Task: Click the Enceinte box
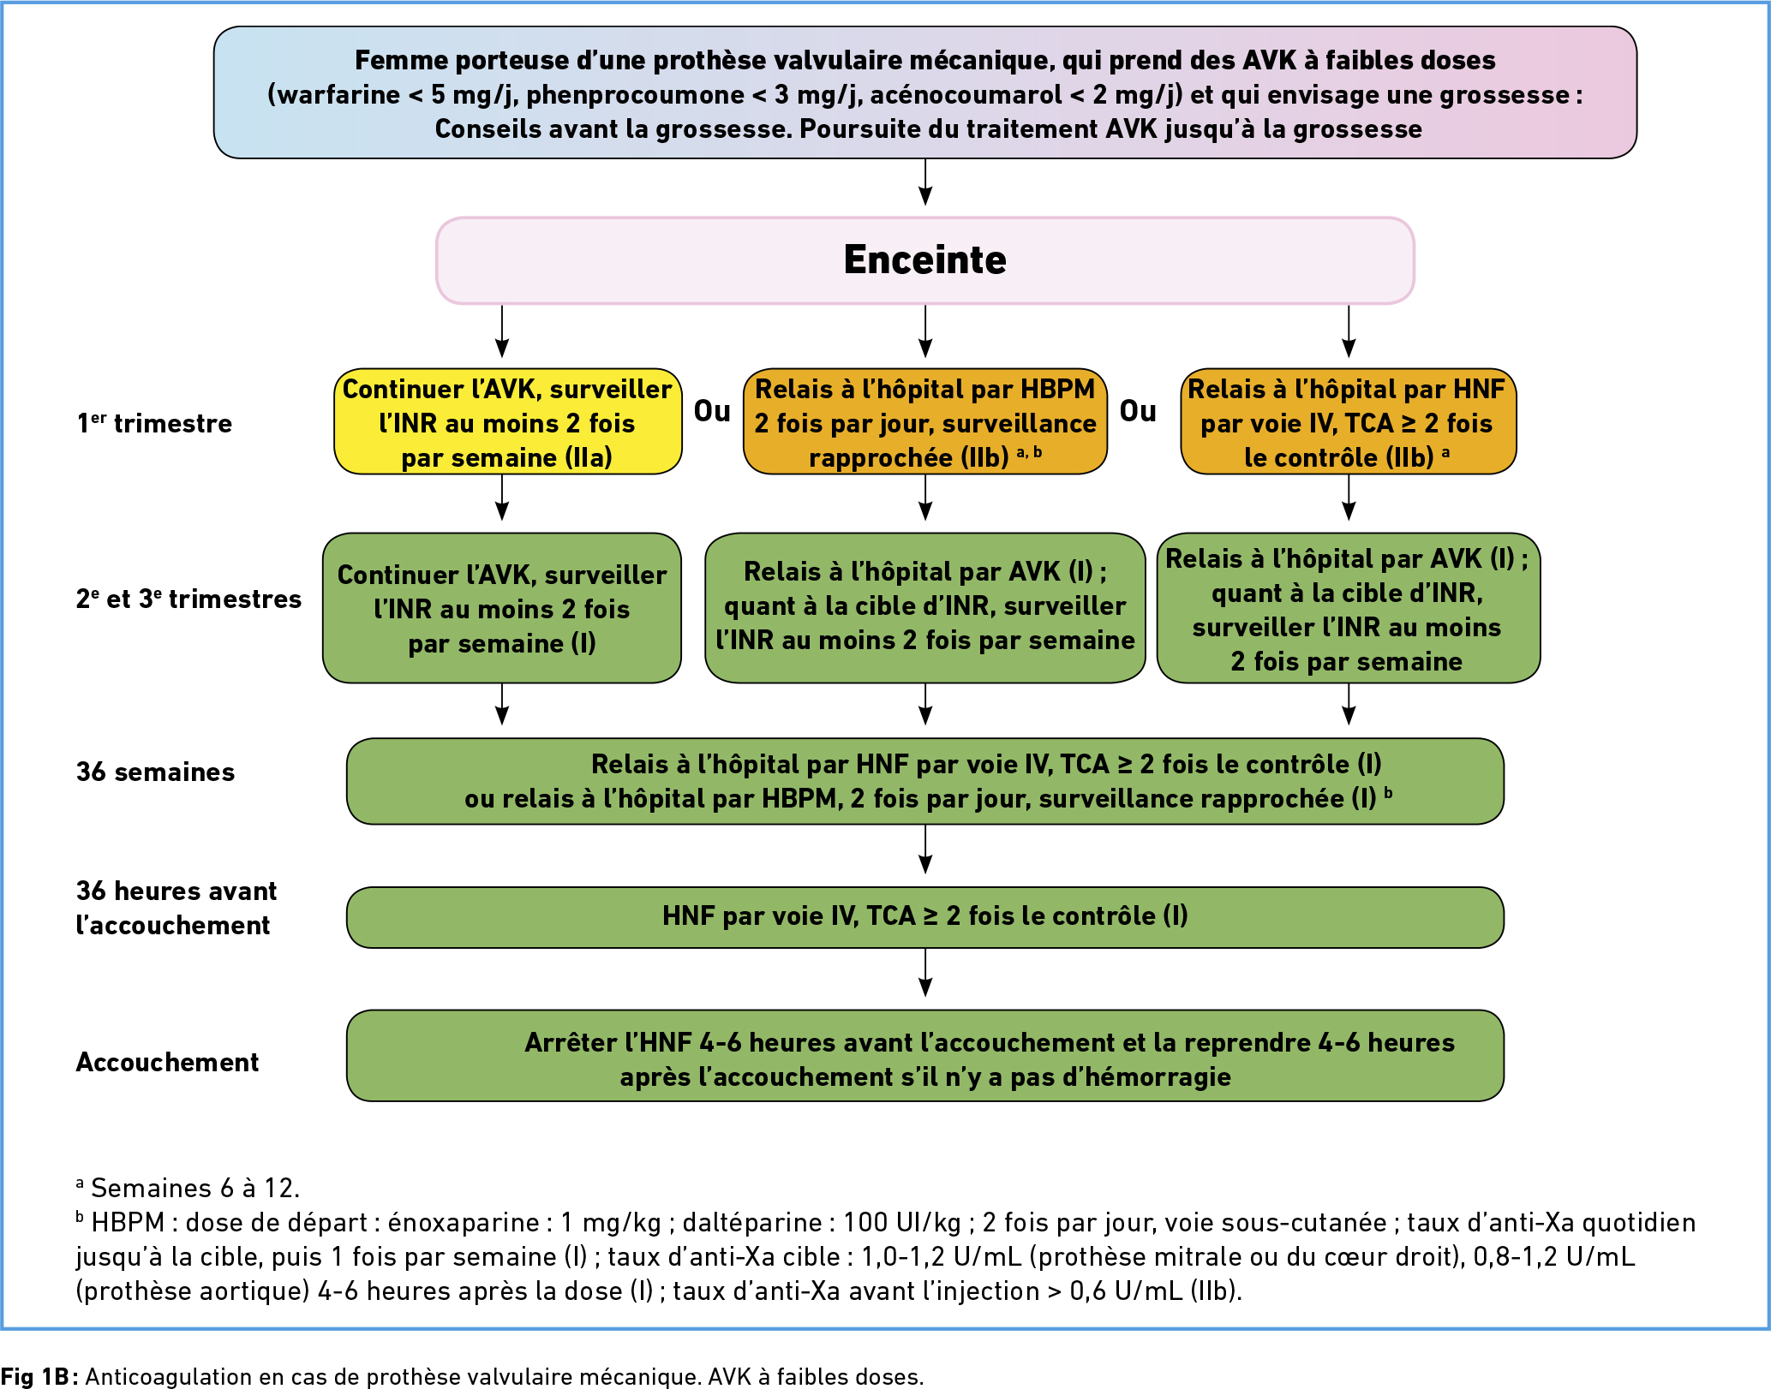(924, 260)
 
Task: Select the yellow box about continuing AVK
(508, 422)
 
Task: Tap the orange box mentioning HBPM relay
(925, 422)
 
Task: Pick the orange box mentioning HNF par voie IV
(1349, 422)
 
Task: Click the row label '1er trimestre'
(154, 423)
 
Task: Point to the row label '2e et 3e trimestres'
(188, 599)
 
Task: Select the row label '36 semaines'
(155, 772)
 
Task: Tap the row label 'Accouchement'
(167, 1062)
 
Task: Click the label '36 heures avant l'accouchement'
(177, 908)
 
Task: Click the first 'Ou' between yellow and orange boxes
(712, 411)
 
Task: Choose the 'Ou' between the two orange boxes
(1138, 411)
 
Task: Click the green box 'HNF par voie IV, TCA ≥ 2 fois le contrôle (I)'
(925, 917)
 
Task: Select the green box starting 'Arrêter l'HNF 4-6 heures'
(925, 1056)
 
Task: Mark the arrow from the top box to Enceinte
(925, 182)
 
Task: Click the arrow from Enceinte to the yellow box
(502, 331)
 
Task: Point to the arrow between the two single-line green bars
(925, 973)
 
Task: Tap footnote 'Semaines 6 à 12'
(188, 1188)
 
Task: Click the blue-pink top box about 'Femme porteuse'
(925, 92)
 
